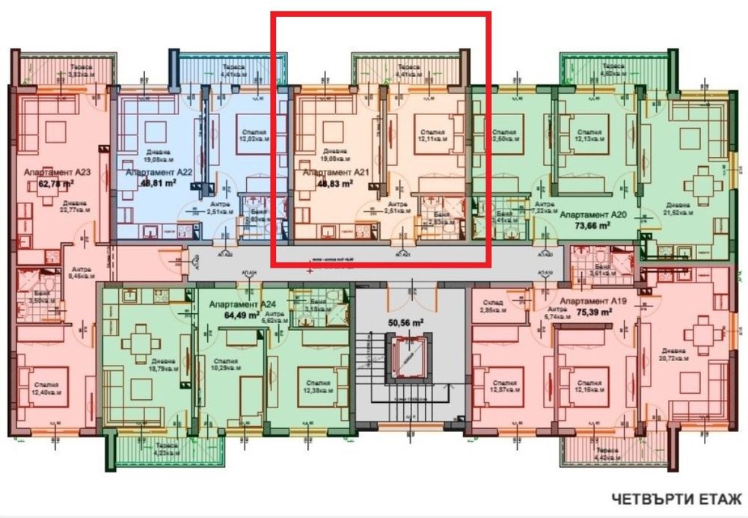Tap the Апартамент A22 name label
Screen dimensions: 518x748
click(154, 172)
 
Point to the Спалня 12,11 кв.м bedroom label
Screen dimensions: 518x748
click(431, 135)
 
